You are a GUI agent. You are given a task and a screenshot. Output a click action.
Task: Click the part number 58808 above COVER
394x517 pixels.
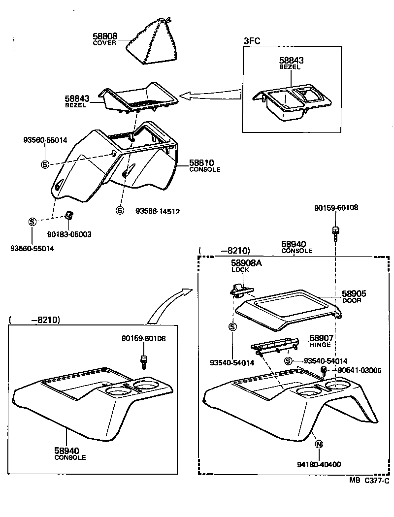[x=105, y=36]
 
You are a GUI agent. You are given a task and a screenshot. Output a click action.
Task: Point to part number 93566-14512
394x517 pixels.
[x=158, y=211]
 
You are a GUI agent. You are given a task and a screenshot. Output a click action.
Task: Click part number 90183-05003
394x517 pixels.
[x=69, y=234]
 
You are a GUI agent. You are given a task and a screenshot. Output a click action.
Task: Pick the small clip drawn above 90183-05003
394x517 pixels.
[x=70, y=215]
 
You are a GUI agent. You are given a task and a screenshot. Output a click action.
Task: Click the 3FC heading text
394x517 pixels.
[x=252, y=42]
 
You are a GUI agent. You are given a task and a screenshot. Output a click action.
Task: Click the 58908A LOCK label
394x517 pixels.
[x=246, y=266]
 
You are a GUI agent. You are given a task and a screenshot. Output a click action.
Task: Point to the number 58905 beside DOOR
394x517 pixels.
[x=354, y=293]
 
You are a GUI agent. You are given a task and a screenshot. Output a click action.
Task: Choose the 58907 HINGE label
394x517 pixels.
[x=321, y=341]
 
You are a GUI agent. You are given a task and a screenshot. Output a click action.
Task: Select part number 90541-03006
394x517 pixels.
[x=359, y=370]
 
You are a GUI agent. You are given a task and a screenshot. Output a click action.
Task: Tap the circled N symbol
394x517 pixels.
[x=319, y=444]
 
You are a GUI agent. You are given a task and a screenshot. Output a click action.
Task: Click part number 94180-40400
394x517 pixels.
[x=319, y=464]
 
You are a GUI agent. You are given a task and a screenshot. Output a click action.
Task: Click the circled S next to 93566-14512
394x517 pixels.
[x=120, y=211]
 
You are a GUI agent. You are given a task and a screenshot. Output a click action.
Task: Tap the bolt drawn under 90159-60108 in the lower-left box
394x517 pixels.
[x=144, y=361]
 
